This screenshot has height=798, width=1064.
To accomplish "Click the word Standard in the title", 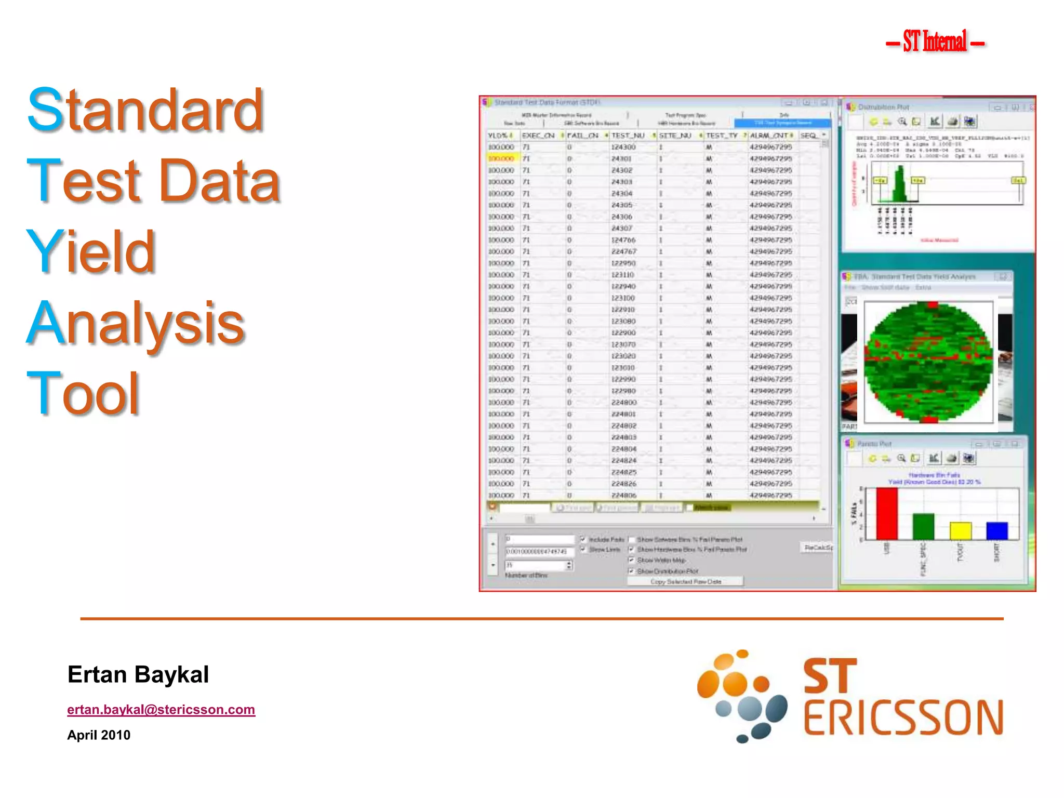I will (145, 110).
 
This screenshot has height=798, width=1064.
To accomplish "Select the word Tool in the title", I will (83, 393).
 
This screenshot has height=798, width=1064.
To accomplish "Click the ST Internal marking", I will (935, 42).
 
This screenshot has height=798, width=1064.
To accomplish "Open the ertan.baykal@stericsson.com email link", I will (161, 710).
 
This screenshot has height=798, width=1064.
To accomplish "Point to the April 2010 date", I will (99, 735).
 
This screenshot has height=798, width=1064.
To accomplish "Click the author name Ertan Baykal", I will (138, 675).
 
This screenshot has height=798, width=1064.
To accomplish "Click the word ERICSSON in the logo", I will (903, 719).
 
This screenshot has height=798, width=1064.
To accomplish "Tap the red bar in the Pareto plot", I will (886, 513).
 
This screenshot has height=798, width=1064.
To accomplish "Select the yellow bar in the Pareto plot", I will (960, 531).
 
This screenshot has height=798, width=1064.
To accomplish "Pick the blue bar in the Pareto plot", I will (996, 531).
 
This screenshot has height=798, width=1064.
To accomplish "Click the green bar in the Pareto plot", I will (923, 526).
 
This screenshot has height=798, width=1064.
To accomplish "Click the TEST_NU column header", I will (628, 136).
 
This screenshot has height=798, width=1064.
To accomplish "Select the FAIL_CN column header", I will (582, 136).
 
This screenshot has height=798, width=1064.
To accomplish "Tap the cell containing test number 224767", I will (623, 251).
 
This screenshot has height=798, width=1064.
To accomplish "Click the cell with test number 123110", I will (622, 275).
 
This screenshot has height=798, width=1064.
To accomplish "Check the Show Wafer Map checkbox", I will (632, 560).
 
